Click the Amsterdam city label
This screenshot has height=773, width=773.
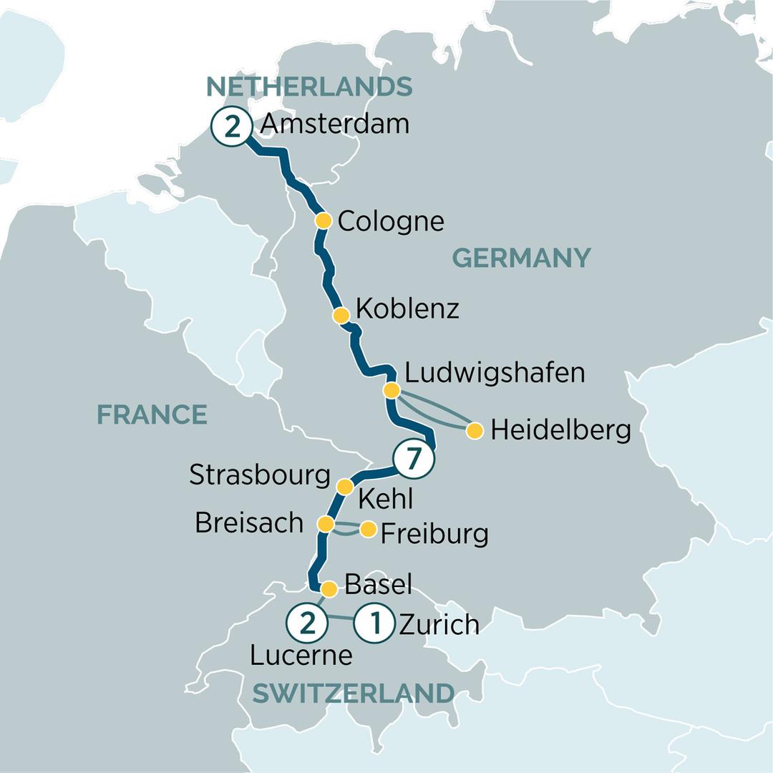point(335,124)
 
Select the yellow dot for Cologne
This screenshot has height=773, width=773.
point(324,221)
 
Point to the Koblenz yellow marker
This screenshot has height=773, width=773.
point(341,315)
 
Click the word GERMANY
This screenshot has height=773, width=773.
point(522,257)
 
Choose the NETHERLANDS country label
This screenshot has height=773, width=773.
point(309,87)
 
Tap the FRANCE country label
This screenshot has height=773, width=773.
point(152,414)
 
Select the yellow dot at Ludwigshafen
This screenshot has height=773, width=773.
point(392,391)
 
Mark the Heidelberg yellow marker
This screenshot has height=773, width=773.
point(475,431)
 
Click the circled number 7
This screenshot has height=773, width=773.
point(412,460)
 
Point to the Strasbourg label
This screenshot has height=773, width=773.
point(260,475)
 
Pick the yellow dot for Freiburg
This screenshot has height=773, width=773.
point(368,530)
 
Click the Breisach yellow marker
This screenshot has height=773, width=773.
point(326,525)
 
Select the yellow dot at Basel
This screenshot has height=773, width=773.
point(329,590)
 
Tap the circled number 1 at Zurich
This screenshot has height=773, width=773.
point(375,623)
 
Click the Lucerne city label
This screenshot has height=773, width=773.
point(301,656)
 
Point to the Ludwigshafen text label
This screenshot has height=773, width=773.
point(495,373)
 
